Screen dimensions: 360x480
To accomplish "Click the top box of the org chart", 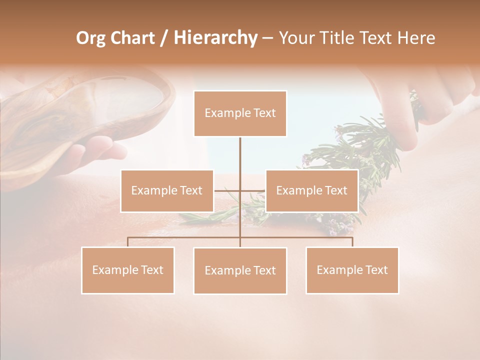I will tap(240, 113).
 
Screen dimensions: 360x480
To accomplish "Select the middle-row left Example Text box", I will tap(167, 190).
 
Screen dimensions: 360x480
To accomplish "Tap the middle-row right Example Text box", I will tap(311, 190).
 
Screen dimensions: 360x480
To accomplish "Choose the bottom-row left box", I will tap(128, 270).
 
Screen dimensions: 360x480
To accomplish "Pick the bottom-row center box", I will tap(240, 270).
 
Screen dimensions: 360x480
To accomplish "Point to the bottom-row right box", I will tap(352, 270).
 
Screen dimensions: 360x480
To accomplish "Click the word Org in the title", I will tap(91, 38).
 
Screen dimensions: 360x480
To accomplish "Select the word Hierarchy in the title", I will tap(215, 38).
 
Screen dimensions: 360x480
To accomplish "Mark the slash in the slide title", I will tap(164, 38).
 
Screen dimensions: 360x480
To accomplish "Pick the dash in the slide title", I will tap(267, 38).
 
